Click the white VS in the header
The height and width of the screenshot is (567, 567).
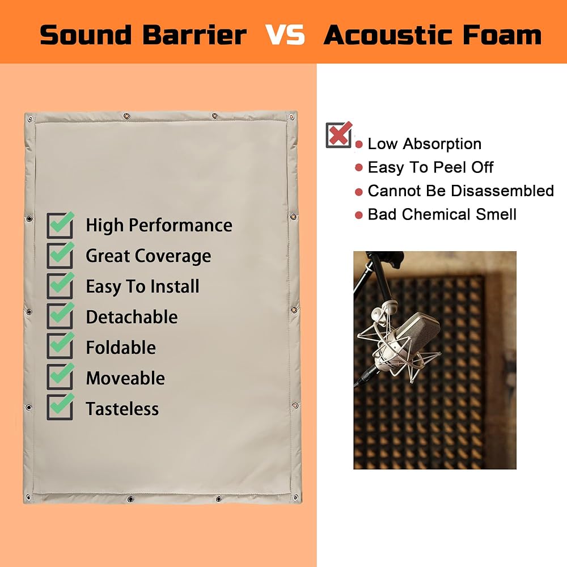pos(285,35)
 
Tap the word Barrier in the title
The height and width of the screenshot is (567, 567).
pos(194,35)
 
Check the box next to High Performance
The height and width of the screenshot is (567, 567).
pos(61,225)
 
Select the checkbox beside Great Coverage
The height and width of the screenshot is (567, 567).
pos(61,255)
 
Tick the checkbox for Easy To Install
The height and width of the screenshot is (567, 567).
pos(61,286)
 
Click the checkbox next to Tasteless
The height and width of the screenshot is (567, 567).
pos(61,407)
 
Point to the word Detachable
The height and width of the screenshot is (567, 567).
pos(132,317)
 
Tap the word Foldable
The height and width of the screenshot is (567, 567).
pos(121,348)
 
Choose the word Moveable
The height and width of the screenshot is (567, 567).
pos(125,378)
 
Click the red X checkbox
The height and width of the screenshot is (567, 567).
pos(339,135)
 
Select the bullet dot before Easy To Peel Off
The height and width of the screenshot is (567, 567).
pos(359,168)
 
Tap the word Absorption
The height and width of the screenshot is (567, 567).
pos(442,144)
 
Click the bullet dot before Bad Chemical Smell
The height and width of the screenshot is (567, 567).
pos(359,215)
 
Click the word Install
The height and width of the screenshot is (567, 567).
pos(175,286)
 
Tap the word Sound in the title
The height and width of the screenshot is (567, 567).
pos(86,35)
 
